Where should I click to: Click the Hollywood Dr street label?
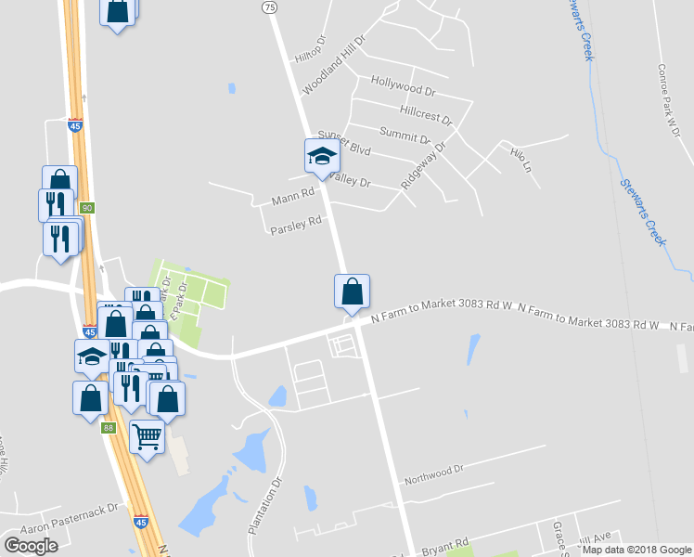pos(403,86)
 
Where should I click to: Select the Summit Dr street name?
pos(405,136)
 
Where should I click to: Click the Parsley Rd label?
pos(295,224)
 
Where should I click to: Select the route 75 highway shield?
pos(269,7)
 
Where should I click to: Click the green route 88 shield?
pos(109,427)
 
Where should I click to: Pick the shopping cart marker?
pos(148,435)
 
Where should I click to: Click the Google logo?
pos(31,546)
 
